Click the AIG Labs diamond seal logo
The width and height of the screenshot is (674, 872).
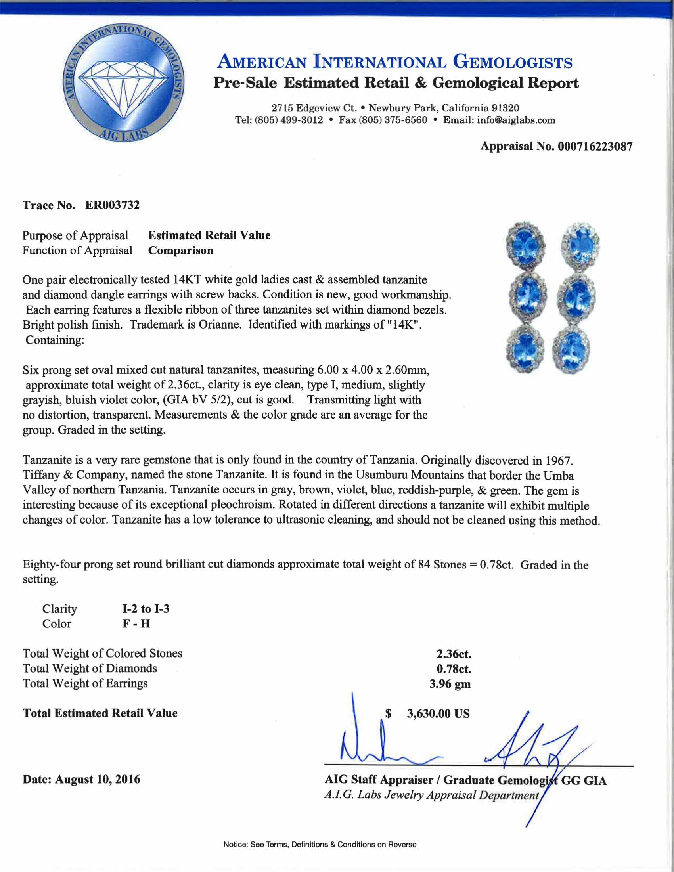coord(124,83)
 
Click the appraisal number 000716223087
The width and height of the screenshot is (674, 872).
coord(595,147)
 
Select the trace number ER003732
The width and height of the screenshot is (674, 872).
coord(112,205)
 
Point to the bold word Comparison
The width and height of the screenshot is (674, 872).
coord(180,251)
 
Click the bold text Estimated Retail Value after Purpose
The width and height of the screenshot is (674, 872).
coord(209,235)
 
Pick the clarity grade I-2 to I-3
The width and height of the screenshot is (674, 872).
coord(146,609)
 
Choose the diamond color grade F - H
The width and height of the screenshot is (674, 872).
coord(136,624)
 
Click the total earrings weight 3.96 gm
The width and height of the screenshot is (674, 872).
coord(450,684)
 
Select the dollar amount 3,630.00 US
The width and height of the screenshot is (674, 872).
coord(438,714)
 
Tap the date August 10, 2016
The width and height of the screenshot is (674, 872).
coord(98,779)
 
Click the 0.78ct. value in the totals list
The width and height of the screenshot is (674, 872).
coord(454,669)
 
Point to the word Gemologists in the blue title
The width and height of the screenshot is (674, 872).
coord(512,63)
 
